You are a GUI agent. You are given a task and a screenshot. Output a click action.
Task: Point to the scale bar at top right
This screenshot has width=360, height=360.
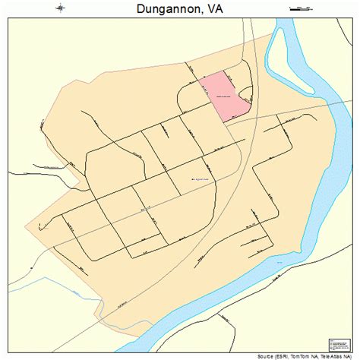(x=302, y=8)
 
